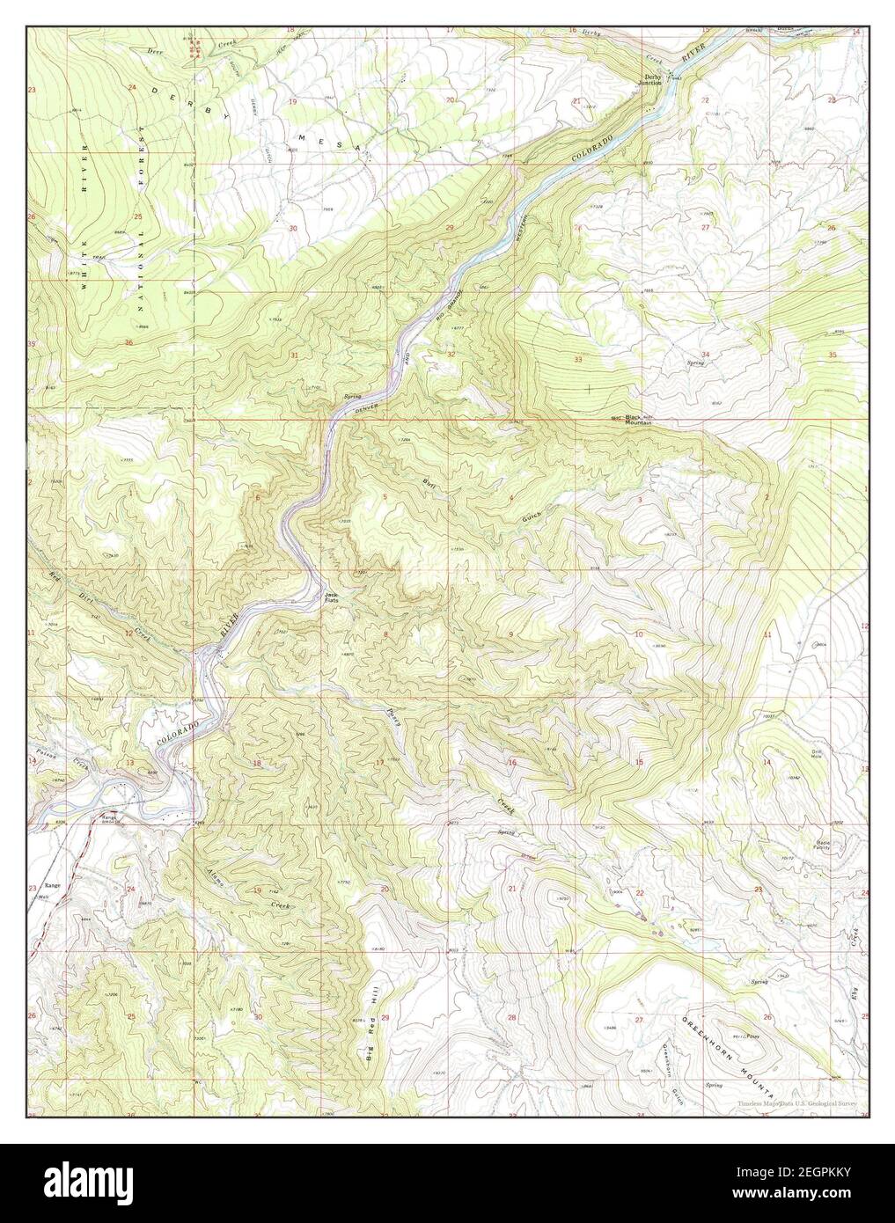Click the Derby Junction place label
point(651,80)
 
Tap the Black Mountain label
point(638,420)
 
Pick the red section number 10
point(640,634)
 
